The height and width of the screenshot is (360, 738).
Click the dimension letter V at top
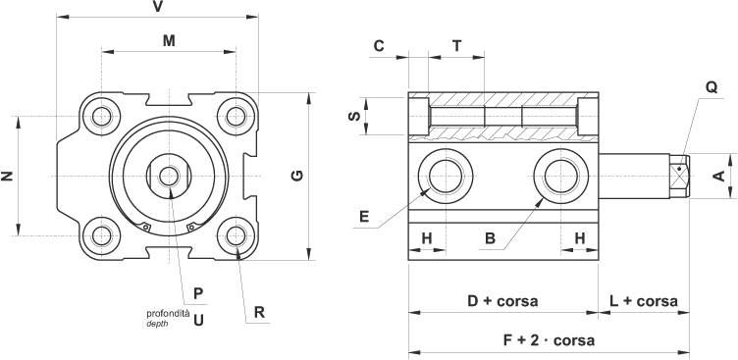point(158,7)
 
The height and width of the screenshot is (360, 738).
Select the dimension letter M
point(169,41)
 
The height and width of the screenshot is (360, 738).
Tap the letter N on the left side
point(7,176)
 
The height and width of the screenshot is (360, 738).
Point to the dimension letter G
point(297,176)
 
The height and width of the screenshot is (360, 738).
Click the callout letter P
point(198,294)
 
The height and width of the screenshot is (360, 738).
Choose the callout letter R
point(259,312)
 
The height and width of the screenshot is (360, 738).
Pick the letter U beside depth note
point(198,321)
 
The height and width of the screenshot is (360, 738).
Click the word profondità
point(168,314)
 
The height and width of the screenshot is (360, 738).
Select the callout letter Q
point(712,87)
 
